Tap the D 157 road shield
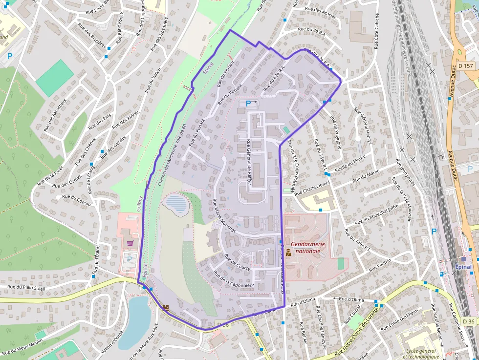466,66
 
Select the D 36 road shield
468,321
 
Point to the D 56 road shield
223,324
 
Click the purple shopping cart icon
130,243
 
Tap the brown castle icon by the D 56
166,308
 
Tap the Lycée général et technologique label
421,354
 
